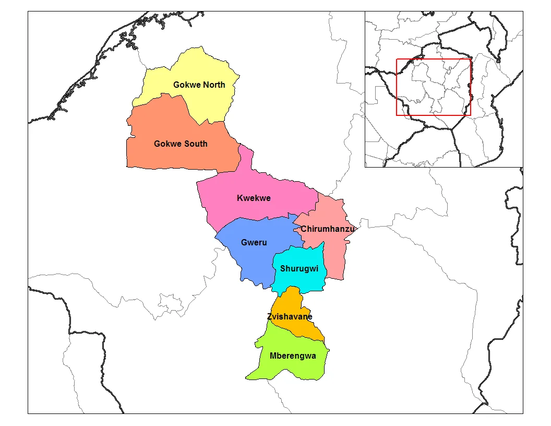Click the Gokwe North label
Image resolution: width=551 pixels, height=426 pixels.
[x=199, y=85]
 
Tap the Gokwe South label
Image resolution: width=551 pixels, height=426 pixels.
[x=181, y=144]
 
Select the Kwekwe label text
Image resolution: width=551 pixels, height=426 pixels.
[x=254, y=198]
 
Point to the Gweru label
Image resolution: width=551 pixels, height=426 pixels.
[x=254, y=242]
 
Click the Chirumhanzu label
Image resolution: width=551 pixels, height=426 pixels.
[x=328, y=229]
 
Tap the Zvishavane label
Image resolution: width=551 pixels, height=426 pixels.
[x=290, y=316]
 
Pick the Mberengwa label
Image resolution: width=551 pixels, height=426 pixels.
[x=293, y=356]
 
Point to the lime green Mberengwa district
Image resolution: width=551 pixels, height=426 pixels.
[x=282, y=368]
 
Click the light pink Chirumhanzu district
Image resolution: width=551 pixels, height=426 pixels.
[x=334, y=256]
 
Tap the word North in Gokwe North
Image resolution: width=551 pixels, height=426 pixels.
[x=214, y=85]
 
